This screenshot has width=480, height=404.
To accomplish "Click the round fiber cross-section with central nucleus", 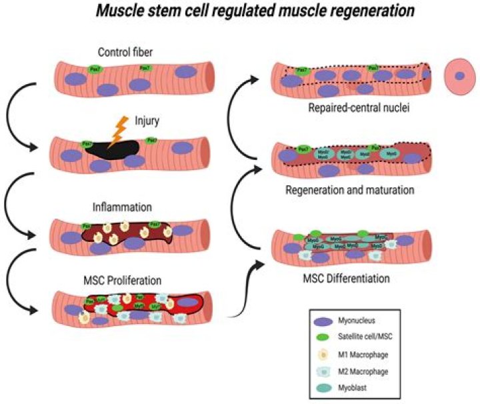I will (459, 75).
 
